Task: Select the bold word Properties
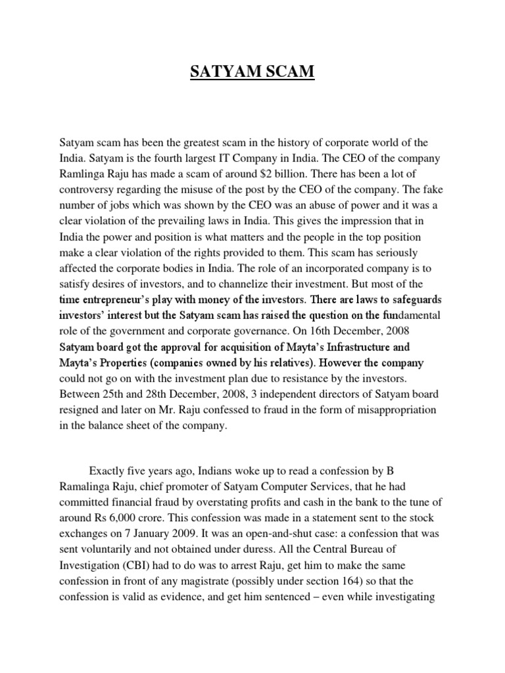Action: click(x=118, y=362)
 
